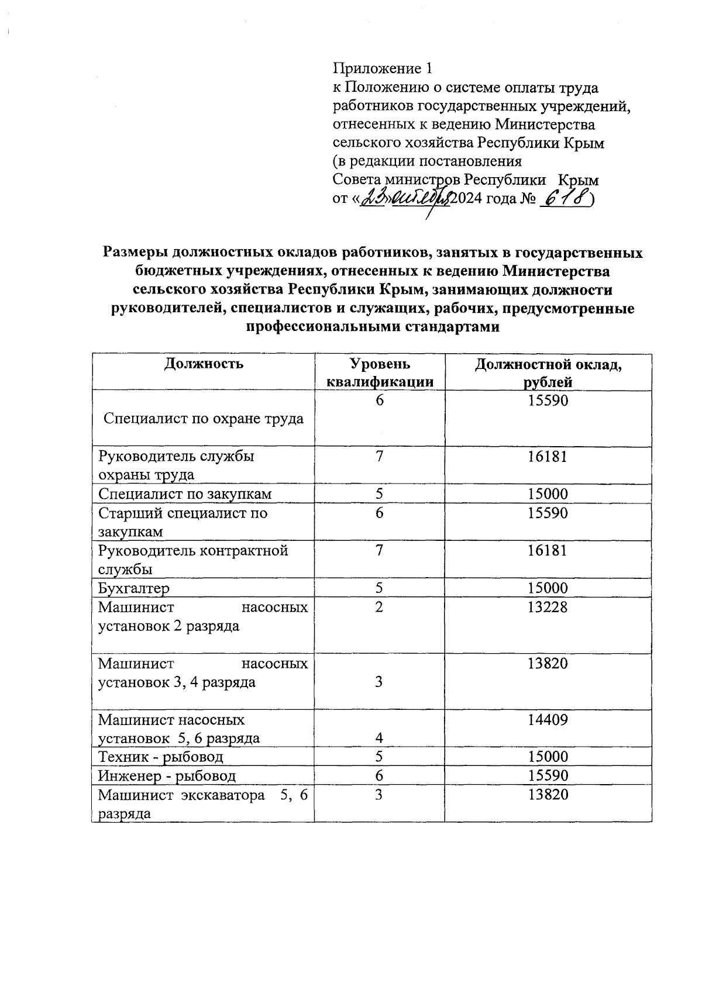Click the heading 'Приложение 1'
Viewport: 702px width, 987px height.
coord(383,69)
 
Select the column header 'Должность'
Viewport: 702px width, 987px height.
coord(203,364)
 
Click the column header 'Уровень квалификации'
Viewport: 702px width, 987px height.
coord(380,373)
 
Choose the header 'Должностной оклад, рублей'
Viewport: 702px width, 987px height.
coord(548,373)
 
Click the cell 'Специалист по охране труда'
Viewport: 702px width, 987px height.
coord(203,419)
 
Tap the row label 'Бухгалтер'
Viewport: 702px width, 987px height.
coord(134,588)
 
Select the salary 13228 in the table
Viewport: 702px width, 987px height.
coord(548,607)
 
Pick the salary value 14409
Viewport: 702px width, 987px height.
coord(548,720)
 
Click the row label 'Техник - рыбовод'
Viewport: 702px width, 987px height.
coord(161,757)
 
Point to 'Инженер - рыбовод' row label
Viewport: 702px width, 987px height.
coord(167,776)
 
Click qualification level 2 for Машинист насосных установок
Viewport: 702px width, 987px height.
coord(380,607)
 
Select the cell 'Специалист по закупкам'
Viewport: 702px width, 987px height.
coord(185,494)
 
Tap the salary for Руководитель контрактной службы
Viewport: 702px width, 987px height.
coord(548,551)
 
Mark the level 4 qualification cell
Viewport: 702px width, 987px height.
coord(380,738)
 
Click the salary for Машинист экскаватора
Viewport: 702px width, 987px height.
coord(548,795)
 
